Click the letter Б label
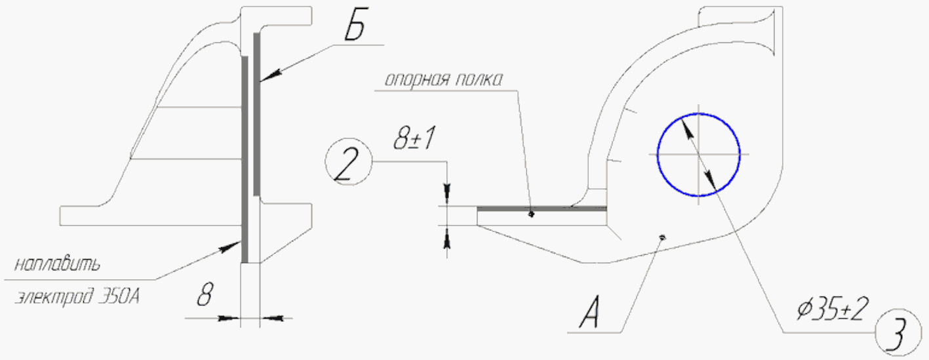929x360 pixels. pos(355,28)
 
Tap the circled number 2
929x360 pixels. pos(348,162)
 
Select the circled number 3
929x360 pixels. pos(898,332)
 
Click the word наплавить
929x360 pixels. pos(57,264)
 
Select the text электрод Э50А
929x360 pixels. pos(77,297)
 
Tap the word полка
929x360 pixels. pos(479,79)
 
